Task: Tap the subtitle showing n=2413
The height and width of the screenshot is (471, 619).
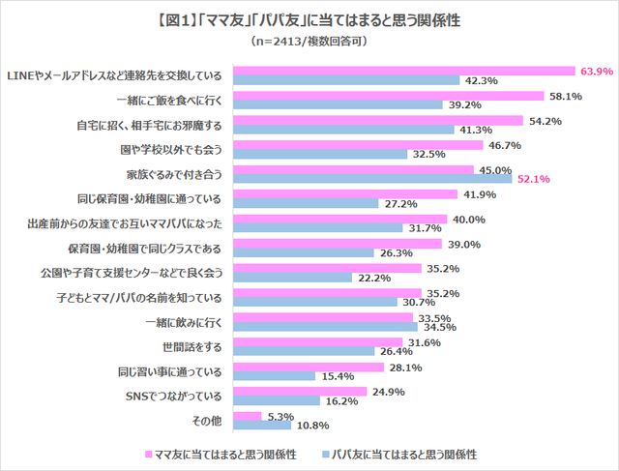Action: (x=309, y=42)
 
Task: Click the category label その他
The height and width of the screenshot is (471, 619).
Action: (x=209, y=420)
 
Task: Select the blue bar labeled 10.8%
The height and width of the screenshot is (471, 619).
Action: (x=262, y=425)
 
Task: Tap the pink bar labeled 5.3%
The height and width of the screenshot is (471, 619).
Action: (x=249, y=415)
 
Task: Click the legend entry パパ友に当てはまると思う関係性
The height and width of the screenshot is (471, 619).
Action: (x=406, y=454)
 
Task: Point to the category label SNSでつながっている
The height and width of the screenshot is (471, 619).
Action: (x=172, y=395)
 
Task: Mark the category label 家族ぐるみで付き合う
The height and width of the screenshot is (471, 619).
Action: (x=174, y=172)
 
